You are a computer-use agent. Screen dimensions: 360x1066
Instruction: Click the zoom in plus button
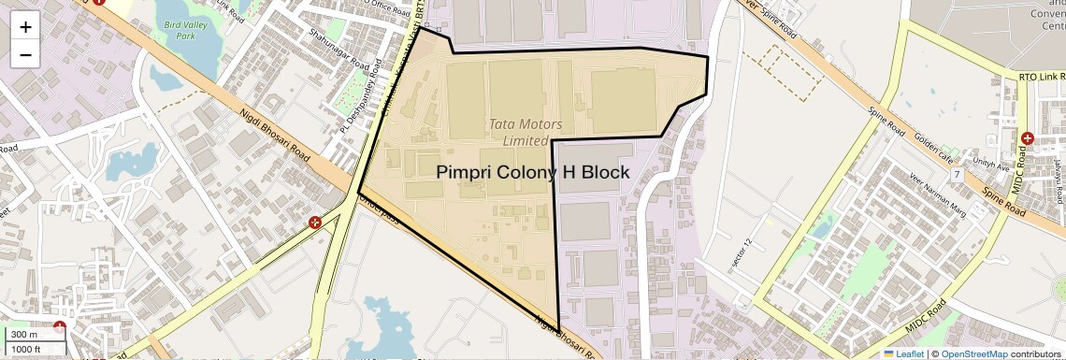pos(25,27)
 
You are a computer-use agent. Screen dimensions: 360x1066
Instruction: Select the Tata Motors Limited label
pos(526,132)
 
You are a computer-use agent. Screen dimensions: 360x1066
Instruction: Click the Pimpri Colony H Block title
pos(533,173)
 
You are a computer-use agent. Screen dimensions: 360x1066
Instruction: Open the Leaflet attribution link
pos(903,353)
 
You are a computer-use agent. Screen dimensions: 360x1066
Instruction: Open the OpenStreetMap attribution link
pos(974,353)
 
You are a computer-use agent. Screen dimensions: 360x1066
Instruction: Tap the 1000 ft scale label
pos(26,349)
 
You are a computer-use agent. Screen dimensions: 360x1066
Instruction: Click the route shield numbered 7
pos(957,175)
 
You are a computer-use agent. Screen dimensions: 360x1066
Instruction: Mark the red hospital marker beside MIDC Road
pos(1028,138)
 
